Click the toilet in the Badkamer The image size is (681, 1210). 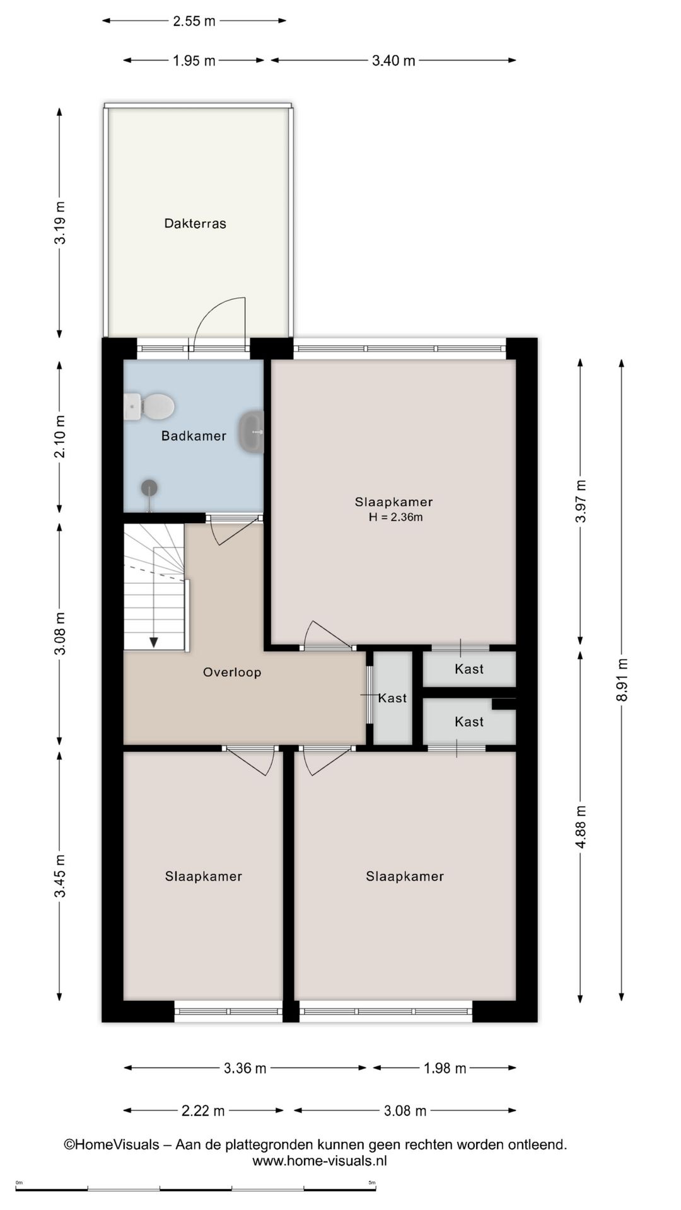click(x=151, y=406)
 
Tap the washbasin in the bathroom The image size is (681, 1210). click(x=252, y=432)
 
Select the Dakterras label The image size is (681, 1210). click(x=195, y=224)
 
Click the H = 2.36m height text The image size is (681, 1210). click(x=395, y=518)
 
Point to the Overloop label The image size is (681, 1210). click(x=232, y=672)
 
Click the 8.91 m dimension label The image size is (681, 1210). click(x=622, y=680)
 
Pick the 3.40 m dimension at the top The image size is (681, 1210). click(x=393, y=60)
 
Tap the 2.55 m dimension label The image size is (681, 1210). click(x=194, y=21)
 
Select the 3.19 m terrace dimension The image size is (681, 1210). click(x=59, y=222)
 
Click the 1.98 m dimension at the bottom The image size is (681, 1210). click(x=445, y=1068)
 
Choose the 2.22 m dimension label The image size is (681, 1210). click(x=203, y=1111)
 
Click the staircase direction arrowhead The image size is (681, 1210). click(x=153, y=642)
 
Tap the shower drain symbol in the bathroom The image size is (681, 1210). click(x=149, y=487)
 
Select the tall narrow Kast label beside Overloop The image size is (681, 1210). click(x=392, y=698)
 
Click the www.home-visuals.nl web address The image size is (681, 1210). click(x=320, y=1161)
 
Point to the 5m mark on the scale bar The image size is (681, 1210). click(x=372, y=1183)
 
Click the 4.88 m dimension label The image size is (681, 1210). click(x=581, y=826)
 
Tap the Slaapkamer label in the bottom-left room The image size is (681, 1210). click(x=203, y=877)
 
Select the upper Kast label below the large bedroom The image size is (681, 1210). click(x=469, y=669)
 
